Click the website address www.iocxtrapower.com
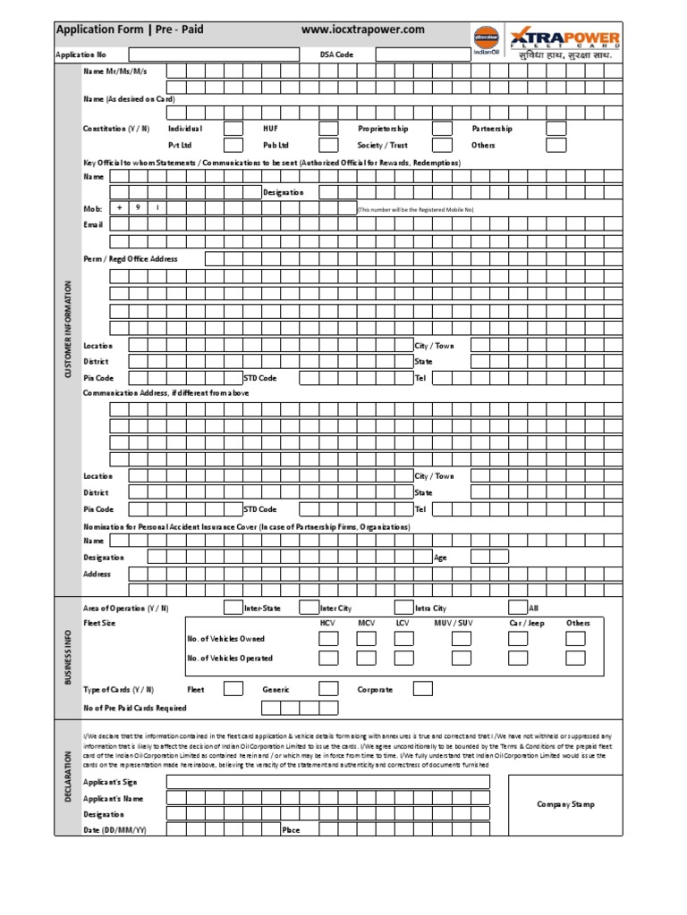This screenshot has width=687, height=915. tap(363, 29)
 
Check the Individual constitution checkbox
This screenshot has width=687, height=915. tap(233, 129)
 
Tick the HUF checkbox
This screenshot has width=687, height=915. tap(328, 129)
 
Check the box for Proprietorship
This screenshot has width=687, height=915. tap(442, 129)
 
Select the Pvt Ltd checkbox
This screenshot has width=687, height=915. tap(233, 145)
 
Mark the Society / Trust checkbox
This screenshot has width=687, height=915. tap(442, 145)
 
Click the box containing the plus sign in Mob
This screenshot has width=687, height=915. tap(119, 208)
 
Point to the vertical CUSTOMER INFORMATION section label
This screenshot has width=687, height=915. tap(67, 329)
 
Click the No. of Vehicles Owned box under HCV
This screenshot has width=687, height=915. tap(328, 639)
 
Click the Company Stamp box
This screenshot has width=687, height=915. tap(565, 804)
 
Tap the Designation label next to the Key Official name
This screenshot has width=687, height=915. tap(283, 192)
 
